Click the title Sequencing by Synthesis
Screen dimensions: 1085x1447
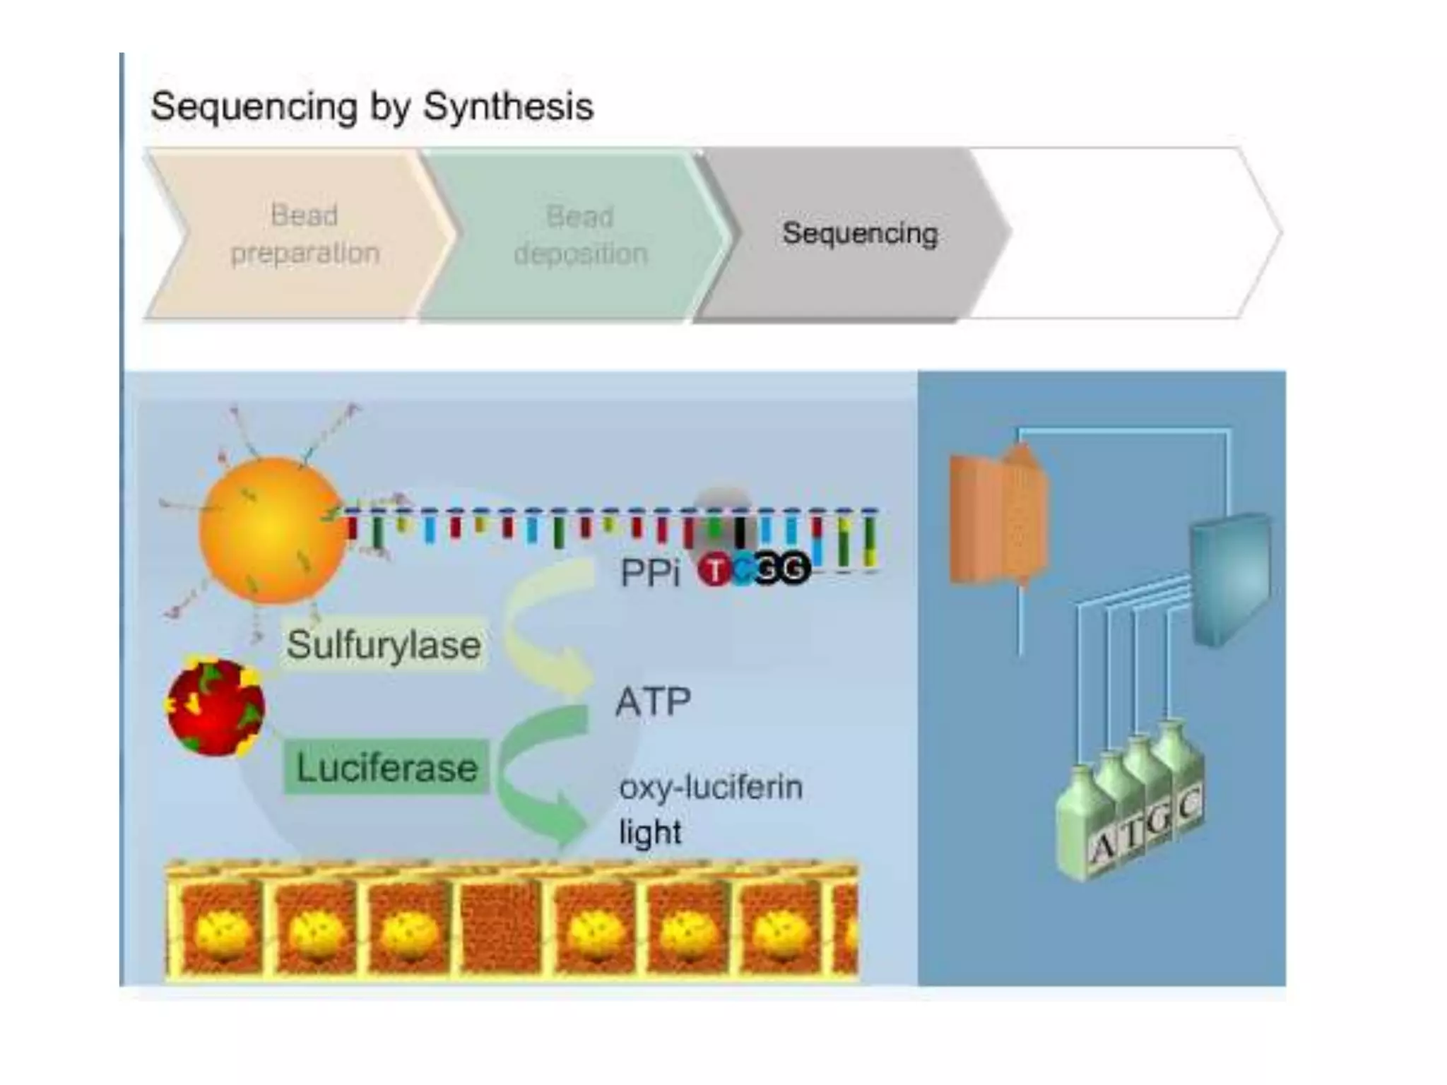[x=372, y=107]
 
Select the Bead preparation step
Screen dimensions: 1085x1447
[x=305, y=234]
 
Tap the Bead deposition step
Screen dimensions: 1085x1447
[x=580, y=235]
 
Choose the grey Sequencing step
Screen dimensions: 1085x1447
[x=859, y=234]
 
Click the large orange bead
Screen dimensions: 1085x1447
[x=271, y=530]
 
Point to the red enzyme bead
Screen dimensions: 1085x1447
[x=215, y=707]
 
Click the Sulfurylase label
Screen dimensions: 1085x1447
[x=384, y=645]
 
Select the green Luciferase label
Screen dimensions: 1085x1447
[x=386, y=768]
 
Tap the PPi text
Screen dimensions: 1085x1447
[x=650, y=572]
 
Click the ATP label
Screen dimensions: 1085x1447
[x=653, y=702]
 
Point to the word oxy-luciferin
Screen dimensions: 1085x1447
[x=711, y=787]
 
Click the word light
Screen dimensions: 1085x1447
[x=650, y=832]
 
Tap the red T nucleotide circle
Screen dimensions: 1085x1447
[x=714, y=570]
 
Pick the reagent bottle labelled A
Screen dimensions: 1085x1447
[x=1085, y=826]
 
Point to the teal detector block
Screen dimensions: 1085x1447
[x=1229, y=579]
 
